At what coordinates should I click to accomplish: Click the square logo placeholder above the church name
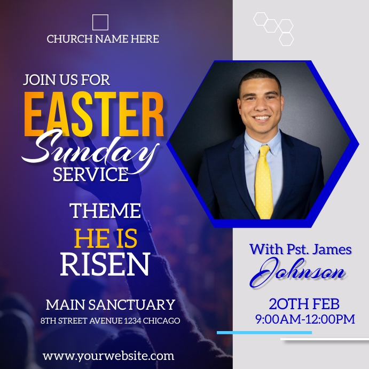pyautogui.click(x=100, y=22)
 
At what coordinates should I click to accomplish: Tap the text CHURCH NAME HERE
pyautogui.click(x=103, y=39)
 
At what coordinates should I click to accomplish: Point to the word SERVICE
pyautogui.click(x=90, y=174)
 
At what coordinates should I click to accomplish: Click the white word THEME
pyautogui.click(x=106, y=211)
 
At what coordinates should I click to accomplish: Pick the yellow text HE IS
pyautogui.click(x=105, y=238)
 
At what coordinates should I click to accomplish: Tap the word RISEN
pyautogui.click(x=105, y=264)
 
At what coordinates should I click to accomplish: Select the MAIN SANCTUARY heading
pyautogui.click(x=111, y=305)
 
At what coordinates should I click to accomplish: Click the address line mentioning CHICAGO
pyautogui.click(x=110, y=321)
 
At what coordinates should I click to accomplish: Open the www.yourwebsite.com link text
pyautogui.click(x=108, y=355)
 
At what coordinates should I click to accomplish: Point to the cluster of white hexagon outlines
pyautogui.click(x=274, y=27)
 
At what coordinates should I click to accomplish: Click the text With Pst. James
pyautogui.click(x=301, y=249)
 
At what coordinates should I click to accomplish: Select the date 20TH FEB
pyautogui.click(x=304, y=304)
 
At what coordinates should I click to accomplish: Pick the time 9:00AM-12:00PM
pyautogui.click(x=305, y=319)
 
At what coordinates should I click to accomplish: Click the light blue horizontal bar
pyautogui.click(x=264, y=333)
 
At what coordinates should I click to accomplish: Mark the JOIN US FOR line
pyautogui.click(x=66, y=80)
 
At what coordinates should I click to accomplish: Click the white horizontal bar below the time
pyautogui.click(x=324, y=340)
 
